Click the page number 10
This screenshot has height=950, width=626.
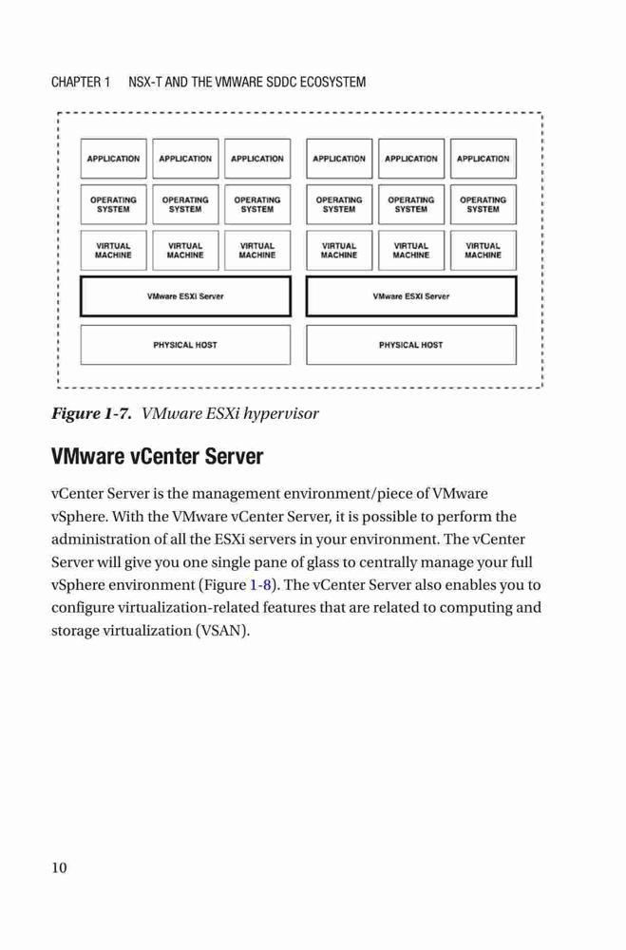click(59, 867)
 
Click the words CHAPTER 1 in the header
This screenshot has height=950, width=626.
click(81, 82)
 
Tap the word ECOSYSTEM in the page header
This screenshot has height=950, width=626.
click(332, 82)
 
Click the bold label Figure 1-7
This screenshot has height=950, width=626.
click(91, 414)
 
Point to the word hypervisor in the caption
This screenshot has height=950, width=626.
click(280, 414)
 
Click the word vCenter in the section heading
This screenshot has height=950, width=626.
click(164, 456)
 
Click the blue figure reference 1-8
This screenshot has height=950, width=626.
click(260, 585)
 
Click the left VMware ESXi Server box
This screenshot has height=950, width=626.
click(185, 296)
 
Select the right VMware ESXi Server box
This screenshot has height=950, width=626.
click(411, 296)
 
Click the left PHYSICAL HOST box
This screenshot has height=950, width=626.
click(185, 345)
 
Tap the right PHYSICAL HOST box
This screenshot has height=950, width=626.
click(411, 345)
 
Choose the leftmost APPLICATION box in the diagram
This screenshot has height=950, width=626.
click(113, 159)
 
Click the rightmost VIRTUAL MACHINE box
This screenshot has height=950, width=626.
click(483, 250)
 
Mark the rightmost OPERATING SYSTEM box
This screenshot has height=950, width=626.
click(483, 204)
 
